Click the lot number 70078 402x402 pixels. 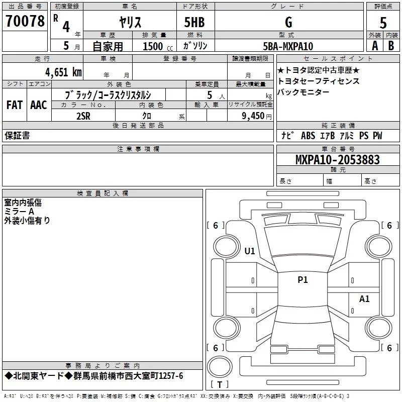[x=24, y=22]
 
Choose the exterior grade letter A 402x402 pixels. [x=374, y=46]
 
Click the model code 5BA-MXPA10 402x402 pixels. [x=288, y=46]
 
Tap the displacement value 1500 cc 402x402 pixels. [x=153, y=46]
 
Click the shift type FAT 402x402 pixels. [x=14, y=105]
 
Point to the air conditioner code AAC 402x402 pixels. [x=38, y=105]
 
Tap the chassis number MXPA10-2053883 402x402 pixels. [x=337, y=160]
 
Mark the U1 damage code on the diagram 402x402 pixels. [x=250, y=251]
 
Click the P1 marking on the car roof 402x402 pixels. [x=303, y=280]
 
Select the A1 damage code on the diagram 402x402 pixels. [x=364, y=299]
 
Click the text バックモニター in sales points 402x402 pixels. [x=304, y=92]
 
